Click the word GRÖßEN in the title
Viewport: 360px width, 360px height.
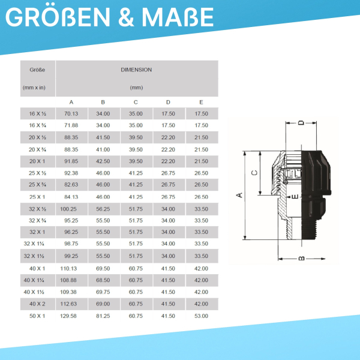(58, 17)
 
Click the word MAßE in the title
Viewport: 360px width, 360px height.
(178, 17)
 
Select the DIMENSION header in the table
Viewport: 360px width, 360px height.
(136, 70)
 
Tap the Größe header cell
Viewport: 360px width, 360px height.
(37, 70)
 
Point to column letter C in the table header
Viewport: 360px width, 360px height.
(136, 102)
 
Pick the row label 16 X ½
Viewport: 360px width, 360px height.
(38, 113)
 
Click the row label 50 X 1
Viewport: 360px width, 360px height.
(37, 316)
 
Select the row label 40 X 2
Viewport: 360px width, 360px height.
(37, 304)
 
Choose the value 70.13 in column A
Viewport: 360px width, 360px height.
(71, 113)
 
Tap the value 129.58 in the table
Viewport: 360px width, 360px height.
(68, 316)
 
